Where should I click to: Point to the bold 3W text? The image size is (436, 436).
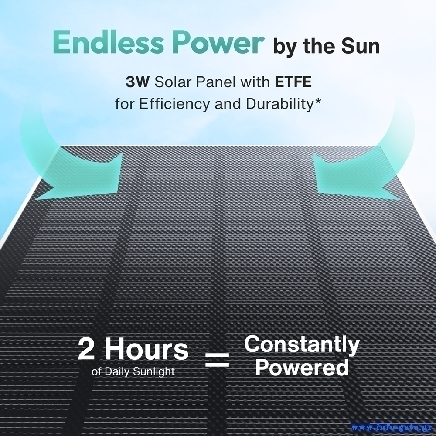pyautogui.click(x=138, y=82)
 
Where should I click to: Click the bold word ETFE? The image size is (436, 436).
pyautogui.click(x=293, y=82)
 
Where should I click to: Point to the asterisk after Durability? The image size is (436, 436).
pyautogui.click(x=317, y=101)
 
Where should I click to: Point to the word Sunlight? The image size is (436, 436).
pyautogui.click(x=154, y=372)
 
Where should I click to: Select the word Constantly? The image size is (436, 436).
pyautogui.click(x=302, y=345)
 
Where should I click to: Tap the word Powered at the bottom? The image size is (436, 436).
pyautogui.click(x=302, y=367)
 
